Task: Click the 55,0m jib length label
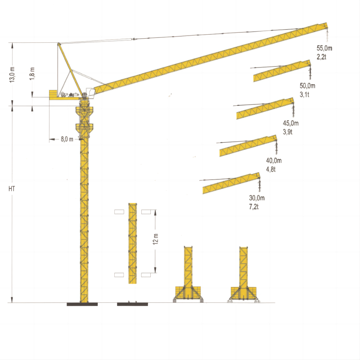324,48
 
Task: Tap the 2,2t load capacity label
321,57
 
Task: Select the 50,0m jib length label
307,86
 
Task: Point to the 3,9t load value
288,132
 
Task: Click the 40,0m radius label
274,161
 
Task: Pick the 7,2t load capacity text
254,207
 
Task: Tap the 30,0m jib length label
256,198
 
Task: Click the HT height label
12,189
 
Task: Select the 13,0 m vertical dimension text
12,74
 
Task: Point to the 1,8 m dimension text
32,73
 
